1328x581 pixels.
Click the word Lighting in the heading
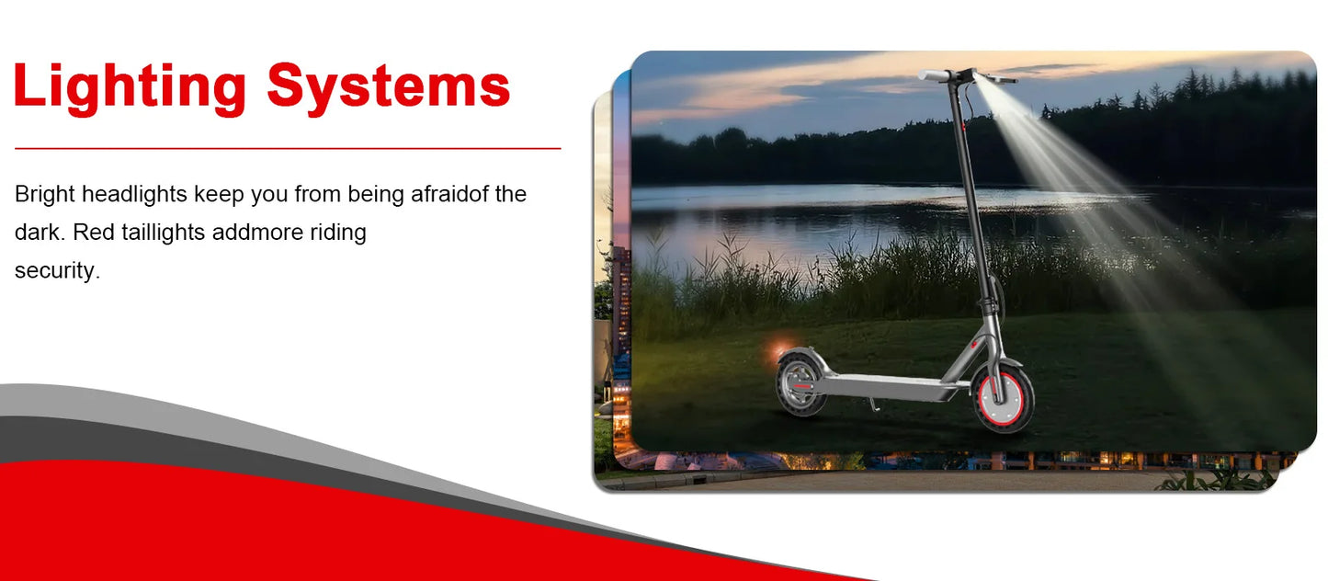[130, 88]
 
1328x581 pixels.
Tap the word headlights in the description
[134, 195]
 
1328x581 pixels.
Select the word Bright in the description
[44, 195]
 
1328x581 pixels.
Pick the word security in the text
[54, 271]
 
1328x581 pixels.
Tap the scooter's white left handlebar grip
[935, 75]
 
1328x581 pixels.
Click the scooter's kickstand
[873, 404]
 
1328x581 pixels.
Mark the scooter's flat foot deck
[890, 386]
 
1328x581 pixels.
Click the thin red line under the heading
[288, 148]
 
